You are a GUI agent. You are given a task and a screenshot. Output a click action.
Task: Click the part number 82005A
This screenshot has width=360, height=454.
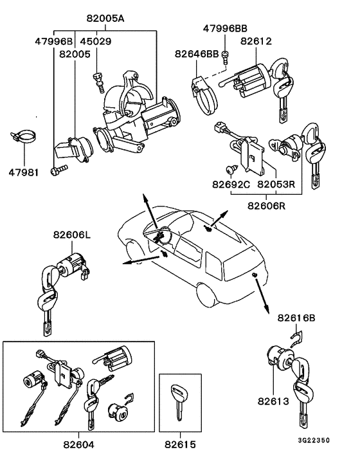[x=105, y=19]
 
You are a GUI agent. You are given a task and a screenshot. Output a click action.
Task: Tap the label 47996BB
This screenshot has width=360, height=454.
[x=225, y=29]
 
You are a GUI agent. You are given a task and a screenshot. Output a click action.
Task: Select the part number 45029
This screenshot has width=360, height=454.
[x=96, y=41]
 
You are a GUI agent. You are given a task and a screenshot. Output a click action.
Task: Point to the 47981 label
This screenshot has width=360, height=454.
[x=23, y=172]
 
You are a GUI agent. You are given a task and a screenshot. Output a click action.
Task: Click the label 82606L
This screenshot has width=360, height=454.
[x=72, y=235]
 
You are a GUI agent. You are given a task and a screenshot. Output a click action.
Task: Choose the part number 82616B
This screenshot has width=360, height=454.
[x=296, y=318]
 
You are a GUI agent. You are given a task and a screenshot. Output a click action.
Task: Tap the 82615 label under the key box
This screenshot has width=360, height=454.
[x=180, y=444]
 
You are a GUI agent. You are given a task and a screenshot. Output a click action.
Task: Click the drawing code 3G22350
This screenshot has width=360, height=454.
[x=314, y=440]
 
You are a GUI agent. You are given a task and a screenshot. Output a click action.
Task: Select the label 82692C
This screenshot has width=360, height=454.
[x=231, y=185]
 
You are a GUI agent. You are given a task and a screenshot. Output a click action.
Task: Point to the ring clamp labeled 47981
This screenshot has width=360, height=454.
[x=24, y=136]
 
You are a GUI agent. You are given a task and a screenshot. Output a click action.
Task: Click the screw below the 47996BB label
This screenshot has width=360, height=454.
[x=225, y=57]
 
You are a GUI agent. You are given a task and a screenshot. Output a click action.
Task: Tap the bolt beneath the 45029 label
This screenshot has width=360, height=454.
[x=98, y=82]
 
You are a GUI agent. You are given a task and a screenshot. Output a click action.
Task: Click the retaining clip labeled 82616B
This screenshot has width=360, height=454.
[x=296, y=340]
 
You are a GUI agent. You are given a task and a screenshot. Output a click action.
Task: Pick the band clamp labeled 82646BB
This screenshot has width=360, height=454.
[x=204, y=96]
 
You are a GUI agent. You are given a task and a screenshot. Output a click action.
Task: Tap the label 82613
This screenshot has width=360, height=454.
[x=273, y=401]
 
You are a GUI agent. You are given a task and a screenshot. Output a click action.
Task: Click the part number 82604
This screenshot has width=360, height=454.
[x=78, y=444]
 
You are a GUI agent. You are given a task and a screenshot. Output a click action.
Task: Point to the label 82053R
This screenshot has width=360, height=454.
[x=276, y=185]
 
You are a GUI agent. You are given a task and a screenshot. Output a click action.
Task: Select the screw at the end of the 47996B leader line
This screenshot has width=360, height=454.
[x=59, y=170]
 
